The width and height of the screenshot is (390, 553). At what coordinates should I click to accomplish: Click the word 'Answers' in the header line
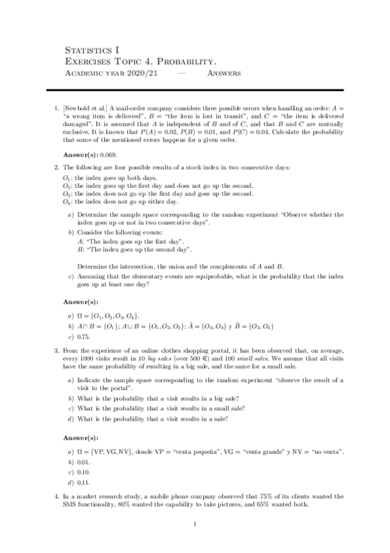coord(223,73)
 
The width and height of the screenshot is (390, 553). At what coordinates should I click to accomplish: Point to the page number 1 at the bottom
coord(195,524)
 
